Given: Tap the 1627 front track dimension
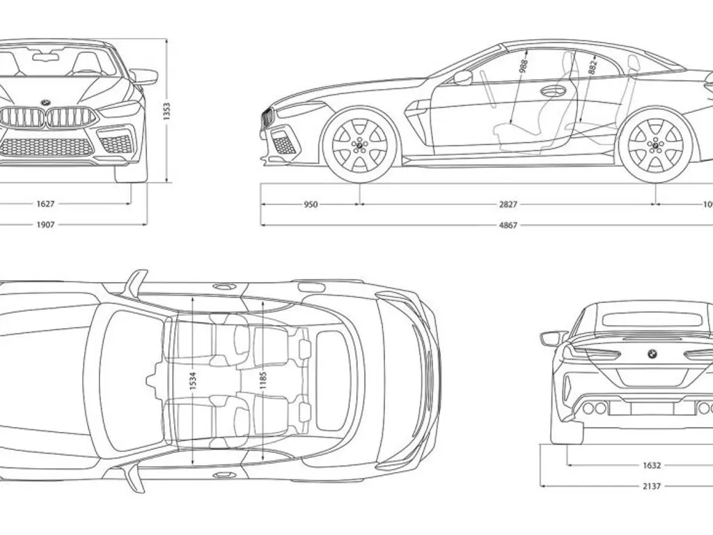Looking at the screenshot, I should [47, 204].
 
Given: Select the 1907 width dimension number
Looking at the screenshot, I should [47, 225].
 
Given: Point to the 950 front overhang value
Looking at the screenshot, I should [311, 204].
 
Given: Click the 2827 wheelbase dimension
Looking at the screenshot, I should [508, 204].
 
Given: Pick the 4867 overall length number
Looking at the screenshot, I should [508, 225].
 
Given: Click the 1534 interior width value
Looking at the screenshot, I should [193, 380].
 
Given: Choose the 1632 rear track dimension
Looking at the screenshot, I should [652, 465].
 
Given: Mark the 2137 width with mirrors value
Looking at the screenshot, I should [652, 486].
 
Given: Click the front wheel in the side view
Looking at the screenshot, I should [359, 146].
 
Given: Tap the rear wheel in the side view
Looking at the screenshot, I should [655, 146].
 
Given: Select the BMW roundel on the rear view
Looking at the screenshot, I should [652, 354].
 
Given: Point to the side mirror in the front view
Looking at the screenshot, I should [145, 77].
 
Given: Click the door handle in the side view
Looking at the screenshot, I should [553, 91].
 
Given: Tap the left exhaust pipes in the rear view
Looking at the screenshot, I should [594, 408].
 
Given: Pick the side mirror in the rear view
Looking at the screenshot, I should [553, 339].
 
